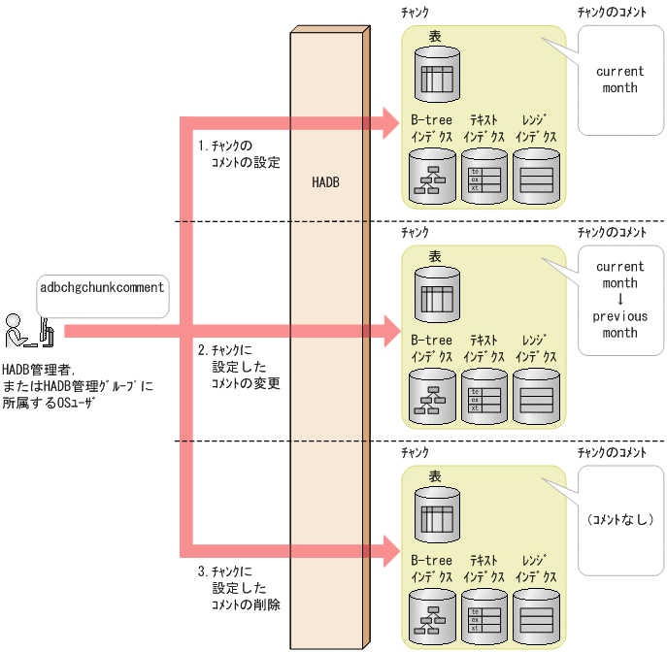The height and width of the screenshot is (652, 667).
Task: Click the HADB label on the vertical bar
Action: tap(326, 182)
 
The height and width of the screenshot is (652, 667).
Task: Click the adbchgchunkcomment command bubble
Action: tap(102, 288)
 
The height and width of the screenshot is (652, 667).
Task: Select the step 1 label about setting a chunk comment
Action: tap(238, 154)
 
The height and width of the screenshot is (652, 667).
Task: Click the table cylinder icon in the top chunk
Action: tap(435, 75)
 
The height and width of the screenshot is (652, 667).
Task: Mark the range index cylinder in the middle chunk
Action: tap(536, 397)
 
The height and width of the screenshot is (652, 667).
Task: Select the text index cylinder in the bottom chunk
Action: tap(485, 616)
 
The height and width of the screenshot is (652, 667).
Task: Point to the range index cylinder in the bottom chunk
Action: tap(536, 616)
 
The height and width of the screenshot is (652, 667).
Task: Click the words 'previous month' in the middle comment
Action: tap(619, 324)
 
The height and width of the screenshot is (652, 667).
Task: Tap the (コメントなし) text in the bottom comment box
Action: tap(619, 520)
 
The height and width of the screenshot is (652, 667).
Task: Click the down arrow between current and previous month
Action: tap(619, 300)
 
